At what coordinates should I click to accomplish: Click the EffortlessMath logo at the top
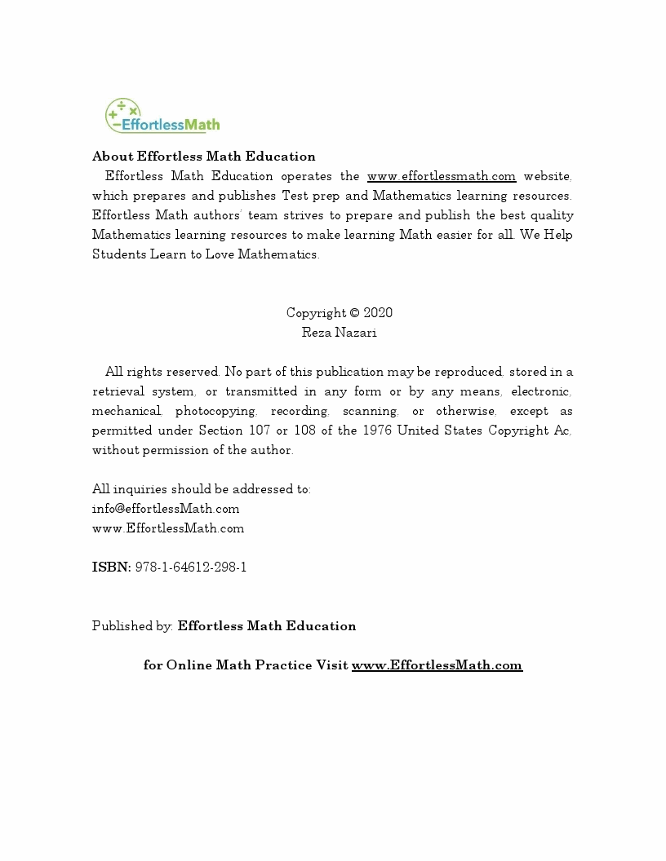[162, 117]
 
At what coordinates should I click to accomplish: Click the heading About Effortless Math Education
[203, 157]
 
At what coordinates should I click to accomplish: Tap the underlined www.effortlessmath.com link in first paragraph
[441, 176]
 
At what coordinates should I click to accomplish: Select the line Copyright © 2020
[339, 313]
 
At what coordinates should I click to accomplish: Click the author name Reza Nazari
[339, 333]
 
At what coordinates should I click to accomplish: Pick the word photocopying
[215, 411]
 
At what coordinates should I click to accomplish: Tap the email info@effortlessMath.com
[166, 509]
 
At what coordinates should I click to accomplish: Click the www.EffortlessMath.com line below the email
[168, 528]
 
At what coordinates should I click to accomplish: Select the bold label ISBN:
[111, 567]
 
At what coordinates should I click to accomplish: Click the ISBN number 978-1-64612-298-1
[190, 567]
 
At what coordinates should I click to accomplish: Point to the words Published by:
[132, 626]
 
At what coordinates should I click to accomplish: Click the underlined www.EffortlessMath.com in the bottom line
[437, 665]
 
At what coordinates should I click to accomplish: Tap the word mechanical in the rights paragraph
[127, 411]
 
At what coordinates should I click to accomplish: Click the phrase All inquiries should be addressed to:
[201, 489]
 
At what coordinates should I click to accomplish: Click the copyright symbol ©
[354, 313]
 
